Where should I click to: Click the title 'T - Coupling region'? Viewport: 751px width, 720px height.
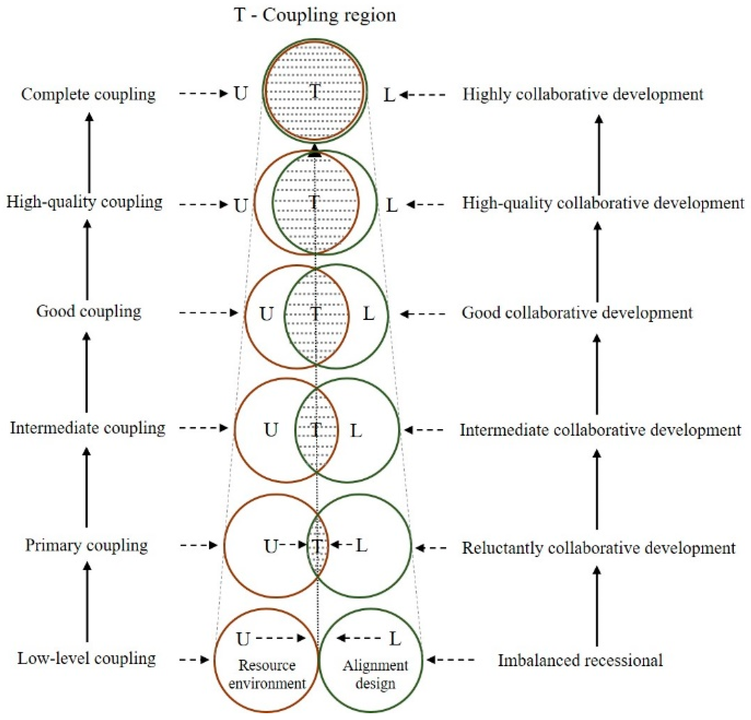[315, 16]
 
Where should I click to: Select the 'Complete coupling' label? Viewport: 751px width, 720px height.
[88, 94]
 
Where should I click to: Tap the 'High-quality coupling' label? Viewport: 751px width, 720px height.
[84, 202]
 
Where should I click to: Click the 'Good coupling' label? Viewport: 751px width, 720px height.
[88, 311]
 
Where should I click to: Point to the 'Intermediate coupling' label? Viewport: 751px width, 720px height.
[87, 428]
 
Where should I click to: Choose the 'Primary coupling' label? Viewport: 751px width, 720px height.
[86, 545]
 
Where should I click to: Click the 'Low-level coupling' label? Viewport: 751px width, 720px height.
[86, 658]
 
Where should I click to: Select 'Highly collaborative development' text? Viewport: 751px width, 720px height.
[582, 94]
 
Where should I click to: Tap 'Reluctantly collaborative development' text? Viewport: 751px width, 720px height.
[599, 548]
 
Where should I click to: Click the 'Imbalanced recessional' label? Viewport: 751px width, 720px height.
[580, 660]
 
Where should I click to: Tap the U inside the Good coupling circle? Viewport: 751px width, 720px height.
[266, 314]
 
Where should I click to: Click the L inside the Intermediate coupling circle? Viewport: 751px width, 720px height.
[356, 431]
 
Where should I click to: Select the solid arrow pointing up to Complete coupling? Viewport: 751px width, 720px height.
[89, 153]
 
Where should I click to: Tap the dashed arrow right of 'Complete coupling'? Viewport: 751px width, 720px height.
[203, 93]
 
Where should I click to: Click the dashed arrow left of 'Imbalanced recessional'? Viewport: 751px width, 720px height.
[451, 659]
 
